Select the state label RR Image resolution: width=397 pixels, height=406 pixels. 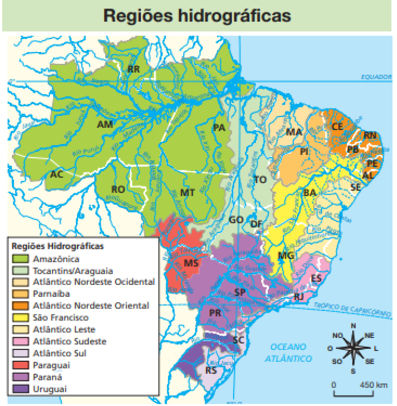click(x=134, y=69)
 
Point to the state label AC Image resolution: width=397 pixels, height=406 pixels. click(x=57, y=174)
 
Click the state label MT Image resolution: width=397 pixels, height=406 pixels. click(x=187, y=193)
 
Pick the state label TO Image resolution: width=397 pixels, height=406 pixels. click(x=260, y=180)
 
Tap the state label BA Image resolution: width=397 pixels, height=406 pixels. click(x=310, y=193)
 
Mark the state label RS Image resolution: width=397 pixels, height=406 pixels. click(x=211, y=371)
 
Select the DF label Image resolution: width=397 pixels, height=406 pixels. click(x=255, y=224)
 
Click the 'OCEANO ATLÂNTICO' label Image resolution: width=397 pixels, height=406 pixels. click(x=288, y=352)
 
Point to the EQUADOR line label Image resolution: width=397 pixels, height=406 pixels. click(x=376, y=77)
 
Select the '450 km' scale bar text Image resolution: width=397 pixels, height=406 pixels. click(x=373, y=385)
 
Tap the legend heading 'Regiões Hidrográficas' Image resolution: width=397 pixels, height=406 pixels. click(x=57, y=246)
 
